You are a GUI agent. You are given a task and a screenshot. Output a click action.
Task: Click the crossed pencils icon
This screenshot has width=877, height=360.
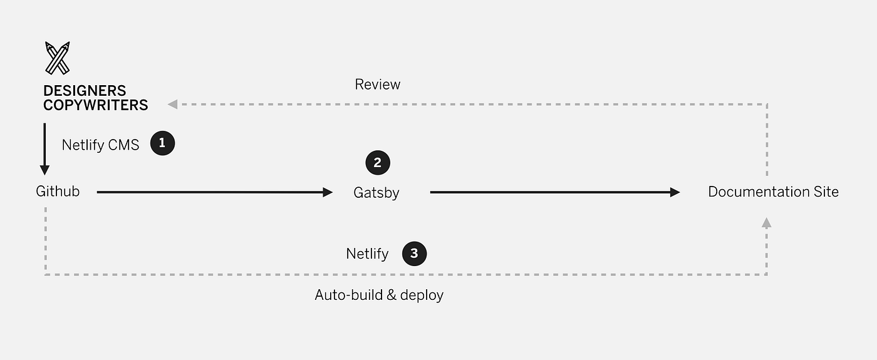57,58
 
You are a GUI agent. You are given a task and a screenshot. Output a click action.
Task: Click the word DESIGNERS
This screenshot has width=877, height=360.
85,91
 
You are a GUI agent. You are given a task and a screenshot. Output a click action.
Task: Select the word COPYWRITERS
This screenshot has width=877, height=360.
95,105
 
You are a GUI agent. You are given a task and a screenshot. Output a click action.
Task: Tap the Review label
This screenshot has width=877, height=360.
377,85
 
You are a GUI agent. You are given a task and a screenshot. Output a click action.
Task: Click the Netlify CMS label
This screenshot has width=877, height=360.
100,145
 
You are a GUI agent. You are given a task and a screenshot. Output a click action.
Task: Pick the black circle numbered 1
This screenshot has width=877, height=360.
162,143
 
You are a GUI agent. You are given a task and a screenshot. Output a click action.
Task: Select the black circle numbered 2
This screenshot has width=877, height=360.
377,163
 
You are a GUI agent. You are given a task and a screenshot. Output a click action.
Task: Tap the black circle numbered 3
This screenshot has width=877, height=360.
414,254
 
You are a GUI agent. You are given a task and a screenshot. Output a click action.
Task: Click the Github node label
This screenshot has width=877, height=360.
58,192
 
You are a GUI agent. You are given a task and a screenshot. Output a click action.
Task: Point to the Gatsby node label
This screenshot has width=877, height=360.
376,193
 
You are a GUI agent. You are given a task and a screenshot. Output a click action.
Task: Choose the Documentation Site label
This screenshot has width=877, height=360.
773,192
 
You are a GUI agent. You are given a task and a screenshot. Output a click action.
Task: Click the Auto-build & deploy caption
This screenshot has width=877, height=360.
378,295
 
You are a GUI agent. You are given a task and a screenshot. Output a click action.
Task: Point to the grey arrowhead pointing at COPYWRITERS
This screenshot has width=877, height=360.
172,104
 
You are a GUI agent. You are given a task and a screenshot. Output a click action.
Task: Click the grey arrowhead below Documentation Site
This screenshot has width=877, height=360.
766,222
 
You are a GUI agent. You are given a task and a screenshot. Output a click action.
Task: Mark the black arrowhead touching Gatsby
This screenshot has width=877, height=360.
328,192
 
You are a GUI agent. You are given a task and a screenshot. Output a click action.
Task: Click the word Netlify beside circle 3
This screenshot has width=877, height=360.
367,254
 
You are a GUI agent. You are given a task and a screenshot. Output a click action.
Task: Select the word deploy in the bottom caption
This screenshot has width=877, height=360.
422,296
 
